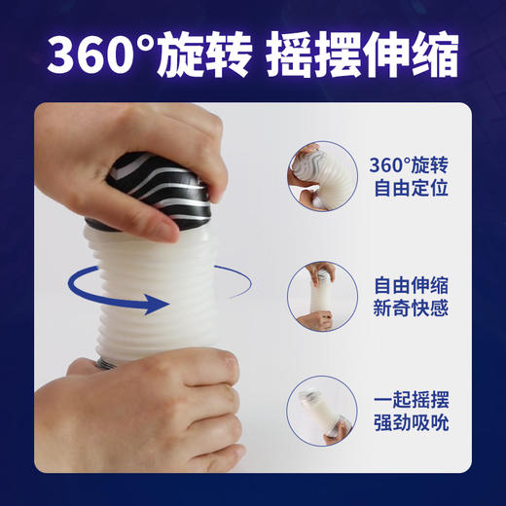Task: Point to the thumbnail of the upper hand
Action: click(x=308, y=157)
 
